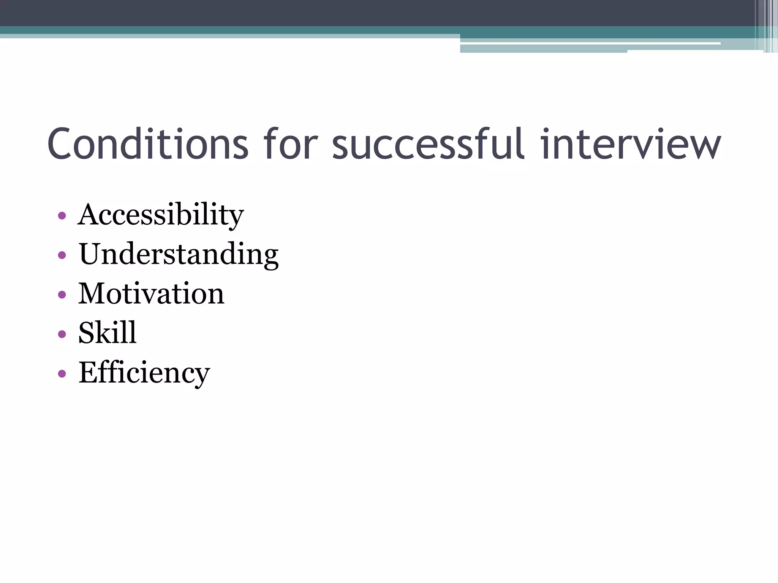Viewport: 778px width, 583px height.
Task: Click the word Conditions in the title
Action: [x=148, y=144]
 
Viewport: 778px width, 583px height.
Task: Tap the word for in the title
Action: [x=291, y=144]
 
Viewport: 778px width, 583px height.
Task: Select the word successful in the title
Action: [x=429, y=144]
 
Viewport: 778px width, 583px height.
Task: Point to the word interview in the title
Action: [x=630, y=144]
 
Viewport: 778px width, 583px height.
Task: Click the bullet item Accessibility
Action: [x=161, y=215]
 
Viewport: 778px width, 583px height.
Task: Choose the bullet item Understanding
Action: [x=179, y=254]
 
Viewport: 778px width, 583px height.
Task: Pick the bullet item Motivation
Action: [x=151, y=294]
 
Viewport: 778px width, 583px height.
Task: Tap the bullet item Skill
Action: [x=107, y=333]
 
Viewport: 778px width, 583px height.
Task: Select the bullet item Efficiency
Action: [x=144, y=373]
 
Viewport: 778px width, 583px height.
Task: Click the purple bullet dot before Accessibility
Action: [x=62, y=216]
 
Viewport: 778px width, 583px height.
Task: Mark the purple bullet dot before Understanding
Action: [x=62, y=255]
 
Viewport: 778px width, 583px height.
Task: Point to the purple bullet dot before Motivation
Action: [x=62, y=295]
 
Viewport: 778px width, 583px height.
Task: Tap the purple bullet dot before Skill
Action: [x=62, y=334]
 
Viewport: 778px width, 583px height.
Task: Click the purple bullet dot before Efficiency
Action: [x=62, y=374]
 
